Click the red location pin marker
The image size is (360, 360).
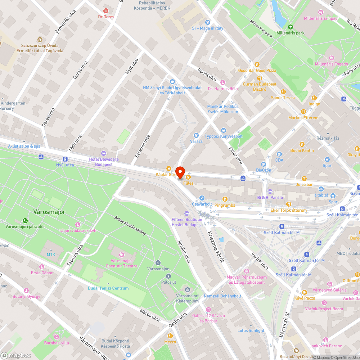180,172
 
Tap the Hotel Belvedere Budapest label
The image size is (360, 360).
104,162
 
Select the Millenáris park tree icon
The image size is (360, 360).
290,27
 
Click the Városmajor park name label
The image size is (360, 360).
49,212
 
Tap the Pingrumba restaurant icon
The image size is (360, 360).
225,199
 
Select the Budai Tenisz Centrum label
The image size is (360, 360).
108,288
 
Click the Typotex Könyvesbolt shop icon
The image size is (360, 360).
224,130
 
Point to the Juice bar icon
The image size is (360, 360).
304,178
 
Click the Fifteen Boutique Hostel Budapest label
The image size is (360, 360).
187,222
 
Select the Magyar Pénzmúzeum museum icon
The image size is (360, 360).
247,271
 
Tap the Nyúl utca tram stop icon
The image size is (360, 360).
65,159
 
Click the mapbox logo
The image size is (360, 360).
16,355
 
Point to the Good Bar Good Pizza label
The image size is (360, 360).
257,71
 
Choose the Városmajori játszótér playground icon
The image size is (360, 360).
25,220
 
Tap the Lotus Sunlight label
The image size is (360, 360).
251,330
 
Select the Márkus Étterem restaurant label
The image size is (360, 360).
303,118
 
